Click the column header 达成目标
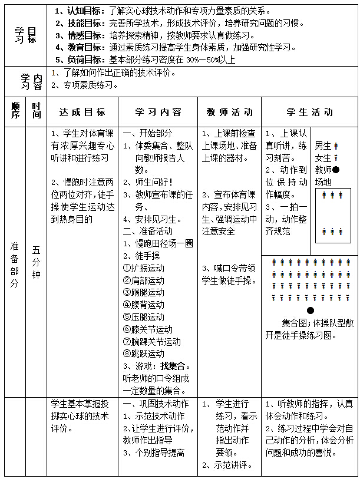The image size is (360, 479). pos(82,112)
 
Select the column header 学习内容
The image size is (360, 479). pos(158,112)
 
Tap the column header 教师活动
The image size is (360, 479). pos(229,112)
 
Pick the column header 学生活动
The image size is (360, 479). pos(309,112)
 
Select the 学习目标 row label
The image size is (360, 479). pos(25,34)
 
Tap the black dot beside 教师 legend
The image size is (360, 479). pos(335,169)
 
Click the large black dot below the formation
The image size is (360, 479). pos(311,310)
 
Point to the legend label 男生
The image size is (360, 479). pos(323,145)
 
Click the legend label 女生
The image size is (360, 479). pos(323,157)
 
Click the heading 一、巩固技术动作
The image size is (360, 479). pos(156,404)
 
